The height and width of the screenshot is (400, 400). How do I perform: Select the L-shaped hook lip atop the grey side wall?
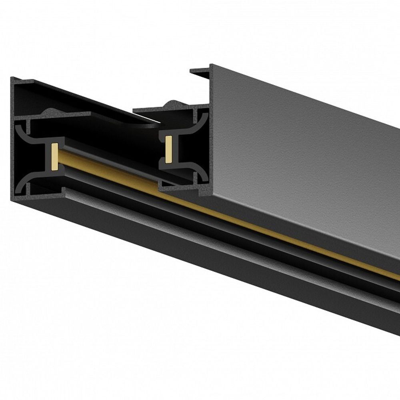[200, 72]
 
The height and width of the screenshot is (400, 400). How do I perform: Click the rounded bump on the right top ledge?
[171, 104]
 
